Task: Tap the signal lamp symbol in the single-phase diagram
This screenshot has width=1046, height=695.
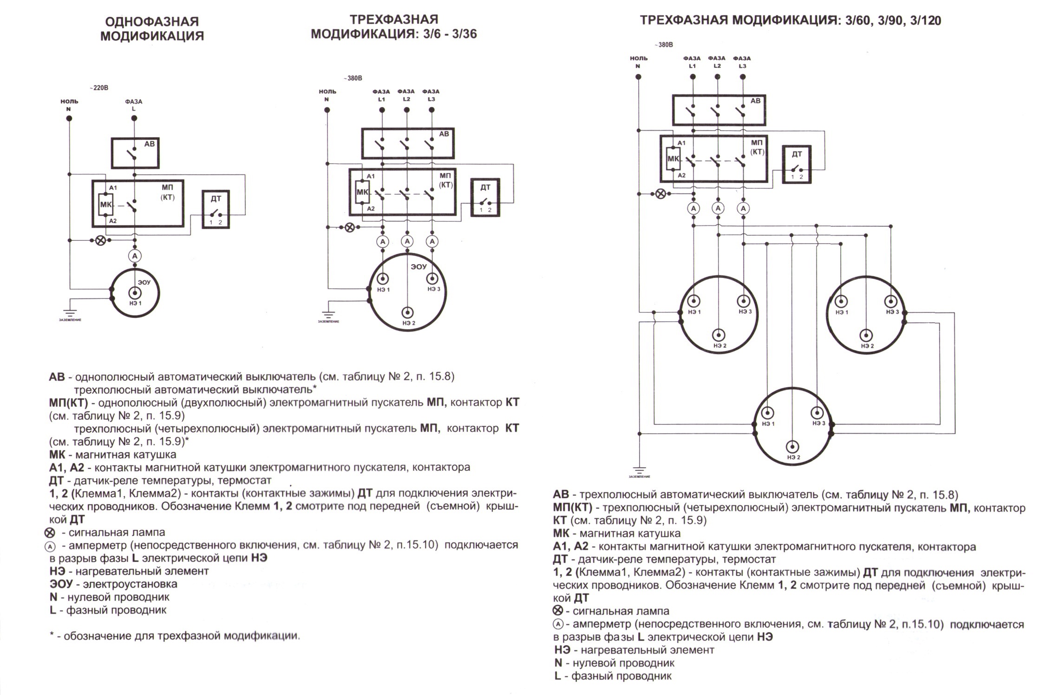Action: click(x=100, y=240)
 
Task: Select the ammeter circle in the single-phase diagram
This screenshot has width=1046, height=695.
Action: click(x=135, y=256)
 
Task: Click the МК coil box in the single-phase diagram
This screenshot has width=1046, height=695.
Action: click(x=105, y=204)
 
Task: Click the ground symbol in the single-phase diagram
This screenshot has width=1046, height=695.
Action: click(x=70, y=314)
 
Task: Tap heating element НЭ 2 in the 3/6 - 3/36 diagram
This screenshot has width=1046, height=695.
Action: click(x=408, y=312)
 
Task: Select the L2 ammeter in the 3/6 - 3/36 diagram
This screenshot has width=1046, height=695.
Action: click(x=407, y=241)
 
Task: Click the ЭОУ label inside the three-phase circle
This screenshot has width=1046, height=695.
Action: click(x=419, y=267)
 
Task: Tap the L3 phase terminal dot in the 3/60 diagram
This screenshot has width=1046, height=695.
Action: click(x=742, y=77)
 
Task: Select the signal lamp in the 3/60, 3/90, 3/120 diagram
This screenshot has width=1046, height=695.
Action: click(x=660, y=194)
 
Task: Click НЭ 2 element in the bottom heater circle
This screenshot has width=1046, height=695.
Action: click(x=792, y=447)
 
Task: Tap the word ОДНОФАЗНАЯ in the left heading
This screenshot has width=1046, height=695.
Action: click(x=152, y=22)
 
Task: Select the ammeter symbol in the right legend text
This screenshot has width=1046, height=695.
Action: click(x=558, y=624)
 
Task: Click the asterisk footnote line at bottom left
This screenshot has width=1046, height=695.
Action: click(x=175, y=636)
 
